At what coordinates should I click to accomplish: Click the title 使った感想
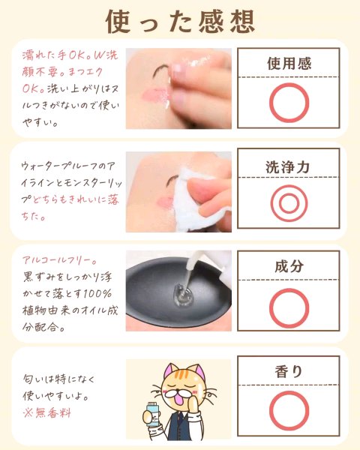(180, 22)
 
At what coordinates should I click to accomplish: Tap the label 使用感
(289, 64)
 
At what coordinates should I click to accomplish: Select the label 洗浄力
(287, 167)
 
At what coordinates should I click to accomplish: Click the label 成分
(289, 266)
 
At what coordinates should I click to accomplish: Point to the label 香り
(289, 371)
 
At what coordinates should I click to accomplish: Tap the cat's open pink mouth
(182, 398)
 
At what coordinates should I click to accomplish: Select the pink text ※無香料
(46, 413)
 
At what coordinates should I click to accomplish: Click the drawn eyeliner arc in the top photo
(160, 70)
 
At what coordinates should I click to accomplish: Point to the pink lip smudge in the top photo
(154, 94)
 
